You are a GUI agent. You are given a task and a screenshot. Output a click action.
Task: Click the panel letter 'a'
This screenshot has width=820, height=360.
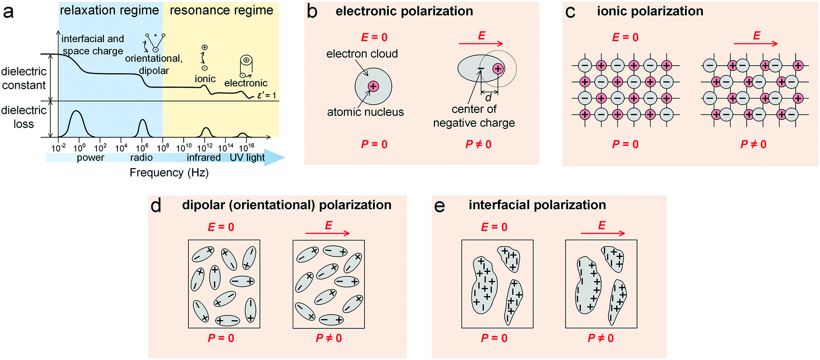[9, 11]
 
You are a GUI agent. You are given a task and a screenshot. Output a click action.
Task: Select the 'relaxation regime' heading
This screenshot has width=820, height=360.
[109, 10]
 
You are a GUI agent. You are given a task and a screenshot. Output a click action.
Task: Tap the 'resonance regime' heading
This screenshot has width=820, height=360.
[221, 10]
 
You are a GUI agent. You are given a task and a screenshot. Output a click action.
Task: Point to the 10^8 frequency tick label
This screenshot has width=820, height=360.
[163, 148]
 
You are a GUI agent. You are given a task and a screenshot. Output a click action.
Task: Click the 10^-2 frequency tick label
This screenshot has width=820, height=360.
[59, 148]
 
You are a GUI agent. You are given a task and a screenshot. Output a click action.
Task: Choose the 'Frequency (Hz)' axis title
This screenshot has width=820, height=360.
[169, 172]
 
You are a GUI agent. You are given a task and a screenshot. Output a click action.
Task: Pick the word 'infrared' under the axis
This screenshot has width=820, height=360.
[203, 157]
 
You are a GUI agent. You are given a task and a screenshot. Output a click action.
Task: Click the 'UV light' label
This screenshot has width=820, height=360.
[247, 157]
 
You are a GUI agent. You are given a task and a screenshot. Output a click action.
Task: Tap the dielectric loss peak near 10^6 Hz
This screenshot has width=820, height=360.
[142, 127]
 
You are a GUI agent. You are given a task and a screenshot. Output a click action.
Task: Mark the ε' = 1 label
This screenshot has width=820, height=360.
[267, 95]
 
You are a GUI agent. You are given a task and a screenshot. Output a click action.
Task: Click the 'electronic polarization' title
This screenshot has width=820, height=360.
[404, 11]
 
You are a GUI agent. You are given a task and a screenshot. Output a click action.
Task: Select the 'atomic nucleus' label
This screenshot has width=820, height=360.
[365, 112]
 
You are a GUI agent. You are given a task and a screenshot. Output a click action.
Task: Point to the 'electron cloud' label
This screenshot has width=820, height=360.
[362, 54]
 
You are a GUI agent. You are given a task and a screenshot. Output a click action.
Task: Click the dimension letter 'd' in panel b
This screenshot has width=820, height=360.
[488, 97]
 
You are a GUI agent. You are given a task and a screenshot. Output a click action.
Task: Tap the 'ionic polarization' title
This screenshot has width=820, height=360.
[650, 11]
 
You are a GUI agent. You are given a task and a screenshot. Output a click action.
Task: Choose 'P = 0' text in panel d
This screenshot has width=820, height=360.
[221, 338]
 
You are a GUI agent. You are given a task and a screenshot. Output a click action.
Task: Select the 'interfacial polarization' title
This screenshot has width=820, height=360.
[537, 205]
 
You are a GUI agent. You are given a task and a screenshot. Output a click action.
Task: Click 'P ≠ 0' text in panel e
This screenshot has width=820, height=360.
[601, 338]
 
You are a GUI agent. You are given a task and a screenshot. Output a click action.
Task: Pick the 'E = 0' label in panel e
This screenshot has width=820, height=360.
[494, 227]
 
